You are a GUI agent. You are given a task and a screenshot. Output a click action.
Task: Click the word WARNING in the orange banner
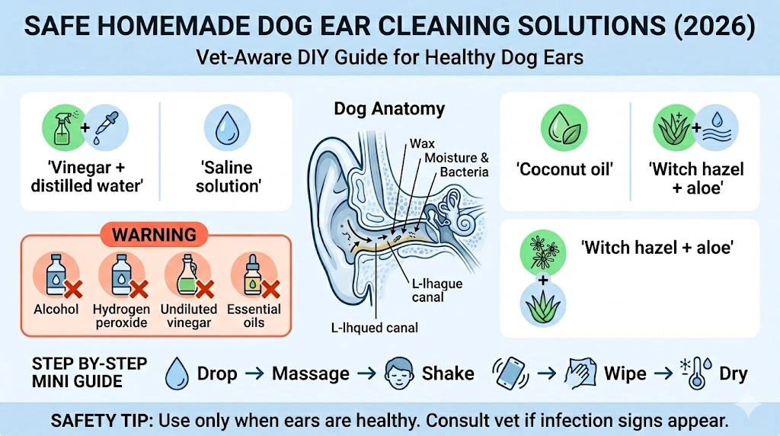point(155,234)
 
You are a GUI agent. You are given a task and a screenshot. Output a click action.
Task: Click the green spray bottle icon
point(61,127)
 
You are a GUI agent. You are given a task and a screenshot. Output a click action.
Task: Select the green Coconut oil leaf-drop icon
point(564,127)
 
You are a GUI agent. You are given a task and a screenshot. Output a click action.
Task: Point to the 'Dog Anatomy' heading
point(389,109)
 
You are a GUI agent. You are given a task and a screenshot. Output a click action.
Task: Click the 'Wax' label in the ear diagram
point(422,143)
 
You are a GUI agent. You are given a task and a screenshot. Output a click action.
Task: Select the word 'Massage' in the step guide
point(311,373)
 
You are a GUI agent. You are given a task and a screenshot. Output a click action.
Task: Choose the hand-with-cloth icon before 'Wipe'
point(580,373)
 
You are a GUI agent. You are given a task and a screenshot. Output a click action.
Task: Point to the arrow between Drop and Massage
point(254,374)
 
